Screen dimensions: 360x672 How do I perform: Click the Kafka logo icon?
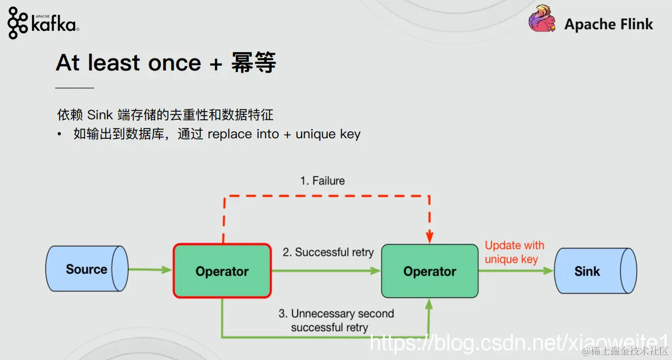pyautogui.click(x=18, y=23)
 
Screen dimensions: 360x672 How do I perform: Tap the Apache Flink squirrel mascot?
pyautogui.click(x=542, y=20)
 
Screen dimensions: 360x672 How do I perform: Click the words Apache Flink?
pyautogui.click(x=609, y=24)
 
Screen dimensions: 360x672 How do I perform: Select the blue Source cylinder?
pyautogui.click(x=87, y=269)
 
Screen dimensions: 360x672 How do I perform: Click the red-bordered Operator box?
pyautogui.click(x=222, y=271)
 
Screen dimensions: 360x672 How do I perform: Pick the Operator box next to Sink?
pyautogui.click(x=430, y=271)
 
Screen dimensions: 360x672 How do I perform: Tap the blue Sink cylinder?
pyautogui.click(x=594, y=271)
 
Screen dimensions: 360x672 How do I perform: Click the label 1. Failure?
pyautogui.click(x=322, y=181)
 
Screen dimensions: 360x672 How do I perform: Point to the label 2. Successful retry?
pyautogui.click(x=328, y=252)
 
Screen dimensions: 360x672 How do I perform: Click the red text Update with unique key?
pyautogui.click(x=514, y=252)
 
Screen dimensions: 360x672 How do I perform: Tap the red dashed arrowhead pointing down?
pyautogui.click(x=430, y=237)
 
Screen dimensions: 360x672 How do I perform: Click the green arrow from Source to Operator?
pyautogui.click(x=151, y=269)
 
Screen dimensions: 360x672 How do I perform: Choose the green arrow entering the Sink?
pyautogui.click(x=515, y=271)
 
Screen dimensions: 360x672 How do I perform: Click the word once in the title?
pyautogui.click(x=175, y=63)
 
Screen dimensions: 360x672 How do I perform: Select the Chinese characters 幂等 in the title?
pyautogui.click(x=253, y=63)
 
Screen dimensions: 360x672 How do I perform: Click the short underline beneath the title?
pyautogui.click(x=75, y=87)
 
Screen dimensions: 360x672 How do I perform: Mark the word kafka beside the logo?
pyautogui.click(x=54, y=24)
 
